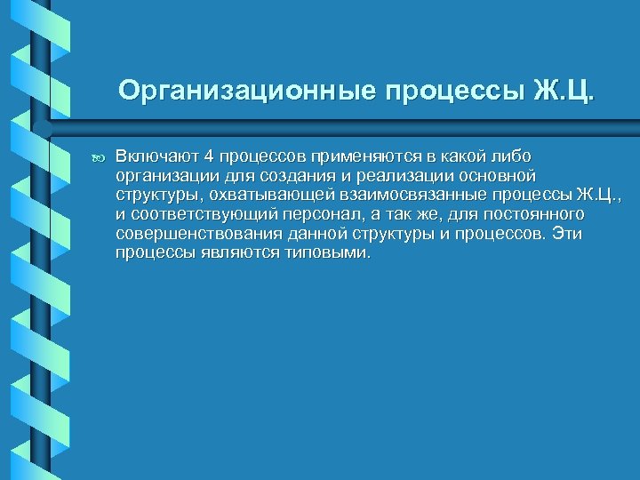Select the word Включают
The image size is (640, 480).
pyautogui.click(x=157, y=157)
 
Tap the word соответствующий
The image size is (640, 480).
pyautogui.click(x=201, y=214)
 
